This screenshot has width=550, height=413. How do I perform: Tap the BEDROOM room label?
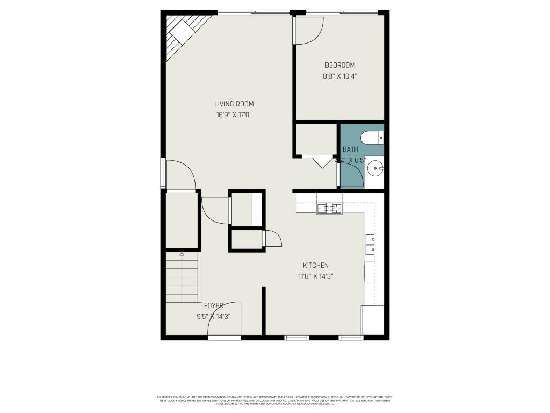click(x=339, y=65)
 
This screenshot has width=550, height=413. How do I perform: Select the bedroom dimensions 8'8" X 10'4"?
click(x=339, y=76)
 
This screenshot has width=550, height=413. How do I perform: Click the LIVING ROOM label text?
click(x=234, y=104)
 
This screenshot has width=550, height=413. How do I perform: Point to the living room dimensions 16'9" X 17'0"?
click(x=234, y=115)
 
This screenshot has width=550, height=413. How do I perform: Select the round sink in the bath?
click(x=374, y=169)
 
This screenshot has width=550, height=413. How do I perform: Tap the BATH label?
click(x=350, y=149)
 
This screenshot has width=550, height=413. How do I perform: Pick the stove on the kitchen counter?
click(x=329, y=208)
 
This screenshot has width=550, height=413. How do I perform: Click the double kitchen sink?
click(x=370, y=245)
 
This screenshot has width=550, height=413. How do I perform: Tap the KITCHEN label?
click(x=315, y=265)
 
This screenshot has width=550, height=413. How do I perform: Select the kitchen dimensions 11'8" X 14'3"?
click(x=315, y=277)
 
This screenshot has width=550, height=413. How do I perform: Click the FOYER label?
click(x=213, y=305)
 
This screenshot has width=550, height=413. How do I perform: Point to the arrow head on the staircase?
click(x=182, y=254)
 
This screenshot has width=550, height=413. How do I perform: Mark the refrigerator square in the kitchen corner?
click(x=373, y=320)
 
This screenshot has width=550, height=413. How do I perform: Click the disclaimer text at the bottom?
click(x=274, y=400)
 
